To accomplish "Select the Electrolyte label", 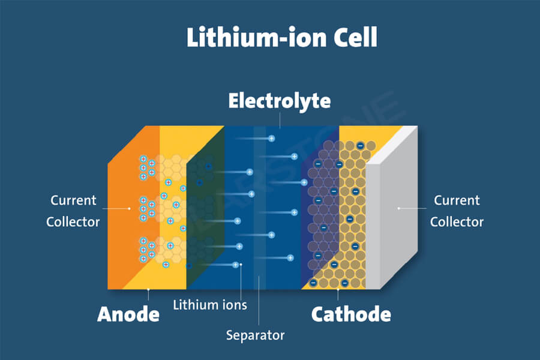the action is [280, 101].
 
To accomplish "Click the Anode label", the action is [128, 314].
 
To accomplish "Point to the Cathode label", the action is [351, 314].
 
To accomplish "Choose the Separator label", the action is [255, 335].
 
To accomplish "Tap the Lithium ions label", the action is [210, 305].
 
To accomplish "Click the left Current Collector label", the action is [73, 211].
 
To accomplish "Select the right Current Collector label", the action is [457, 211].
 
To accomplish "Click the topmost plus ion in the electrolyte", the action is [272, 139].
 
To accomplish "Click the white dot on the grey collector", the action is [399, 208].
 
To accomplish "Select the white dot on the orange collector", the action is [129, 208].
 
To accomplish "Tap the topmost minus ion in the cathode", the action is [360, 146].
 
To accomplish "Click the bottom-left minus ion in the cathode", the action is [313, 283].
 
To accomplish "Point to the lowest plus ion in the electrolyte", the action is [236, 265].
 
